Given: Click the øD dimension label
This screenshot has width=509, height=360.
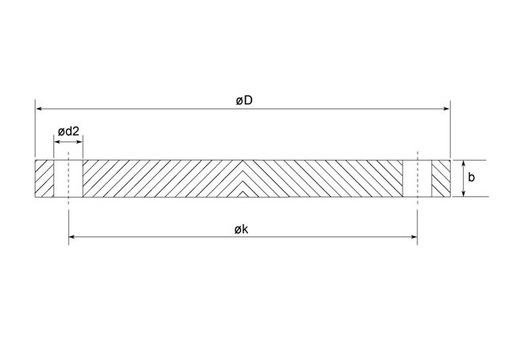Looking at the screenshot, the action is (x=244, y=101).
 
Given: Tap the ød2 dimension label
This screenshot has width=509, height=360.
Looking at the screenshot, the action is (x=68, y=132).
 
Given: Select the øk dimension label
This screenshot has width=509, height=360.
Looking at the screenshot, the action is (x=241, y=230).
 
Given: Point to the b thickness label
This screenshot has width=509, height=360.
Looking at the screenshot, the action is (x=471, y=177).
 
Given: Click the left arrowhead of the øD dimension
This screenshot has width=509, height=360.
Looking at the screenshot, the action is (x=39, y=109).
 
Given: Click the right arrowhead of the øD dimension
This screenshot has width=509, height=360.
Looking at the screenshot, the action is (x=446, y=109).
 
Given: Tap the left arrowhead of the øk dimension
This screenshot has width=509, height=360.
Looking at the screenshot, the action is (x=72, y=237).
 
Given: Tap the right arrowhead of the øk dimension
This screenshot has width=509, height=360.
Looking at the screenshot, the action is (x=414, y=237).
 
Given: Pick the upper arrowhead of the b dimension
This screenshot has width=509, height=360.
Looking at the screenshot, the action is (x=464, y=164).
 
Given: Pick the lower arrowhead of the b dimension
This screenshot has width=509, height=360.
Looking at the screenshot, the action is (x=464, y=193).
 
